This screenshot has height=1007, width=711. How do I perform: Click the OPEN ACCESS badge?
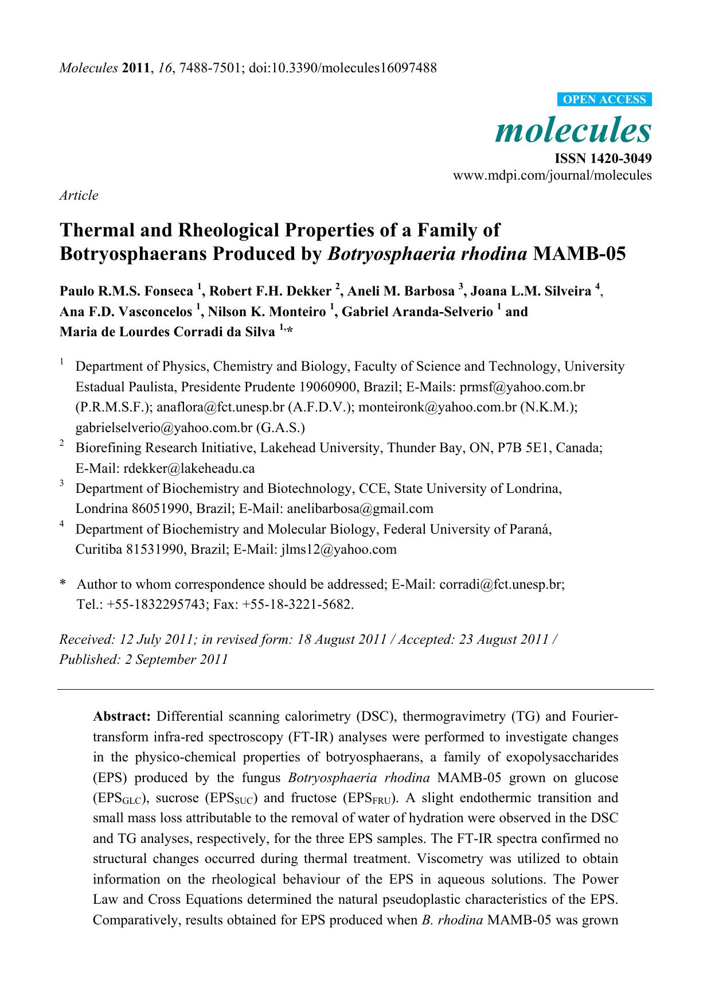click(604, 99)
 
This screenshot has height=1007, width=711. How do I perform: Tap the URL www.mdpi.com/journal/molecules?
click(552, 175)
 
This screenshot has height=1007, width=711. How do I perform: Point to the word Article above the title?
click(79, 195)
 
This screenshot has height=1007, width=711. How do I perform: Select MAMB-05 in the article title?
click(579, 254)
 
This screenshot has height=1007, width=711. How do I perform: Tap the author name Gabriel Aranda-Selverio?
click(417, 312)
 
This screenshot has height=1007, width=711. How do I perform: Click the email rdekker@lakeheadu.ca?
click(189, 468)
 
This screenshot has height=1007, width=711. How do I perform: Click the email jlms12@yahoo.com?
click(338, 549)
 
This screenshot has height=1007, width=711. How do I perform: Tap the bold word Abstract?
click(122, 716)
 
